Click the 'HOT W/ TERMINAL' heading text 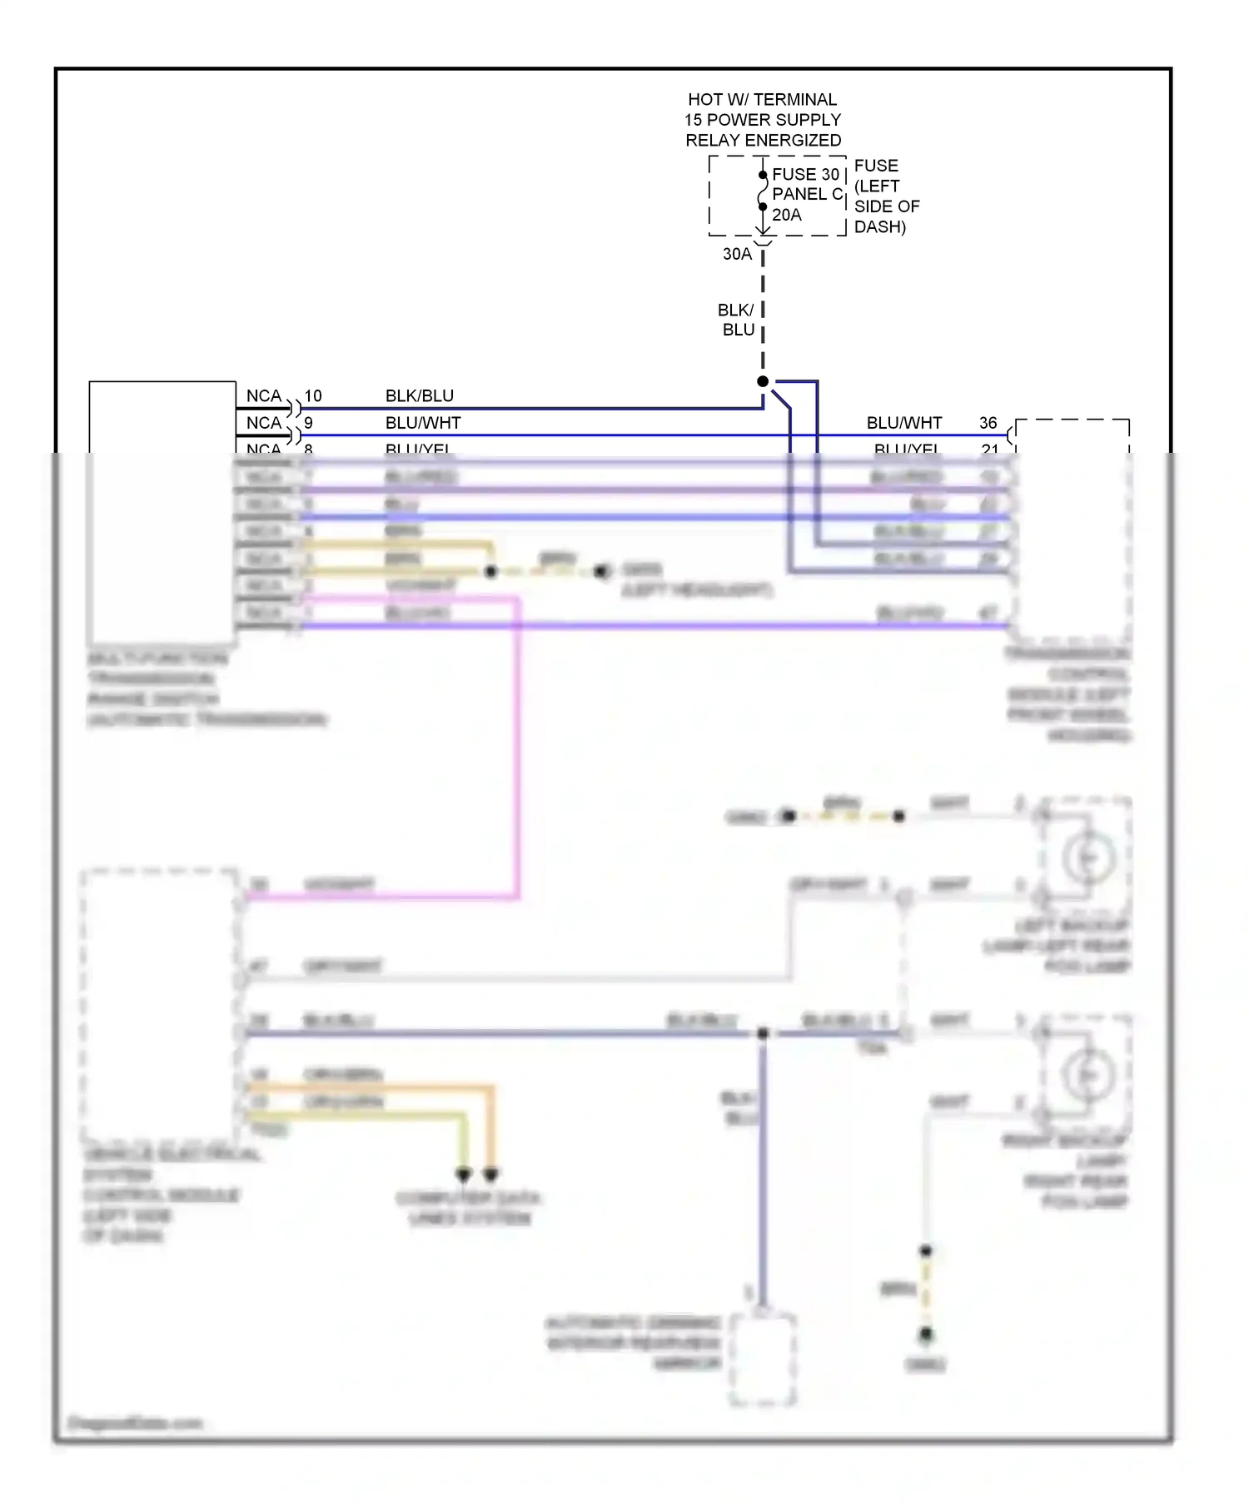(762, 99)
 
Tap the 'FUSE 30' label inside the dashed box (804, 174)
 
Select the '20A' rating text (786, 215)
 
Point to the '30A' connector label (736, 254)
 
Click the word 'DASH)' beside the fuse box (879, 226)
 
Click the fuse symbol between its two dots (762, 191)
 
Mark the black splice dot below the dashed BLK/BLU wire (763, 381)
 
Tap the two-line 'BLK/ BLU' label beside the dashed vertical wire (737, 320)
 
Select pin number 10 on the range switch (313, 395)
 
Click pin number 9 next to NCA (308, 423)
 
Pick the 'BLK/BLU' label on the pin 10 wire (419, 395)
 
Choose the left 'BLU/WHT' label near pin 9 (422, 423)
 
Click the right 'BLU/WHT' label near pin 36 (903, 423)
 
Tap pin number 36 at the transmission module (988, 423)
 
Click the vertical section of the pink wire (517, 749)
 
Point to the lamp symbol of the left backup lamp (1087, 858)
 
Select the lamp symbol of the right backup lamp (1087, 1075)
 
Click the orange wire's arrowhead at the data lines (490, 1175)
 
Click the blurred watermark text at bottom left (135, 1423)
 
